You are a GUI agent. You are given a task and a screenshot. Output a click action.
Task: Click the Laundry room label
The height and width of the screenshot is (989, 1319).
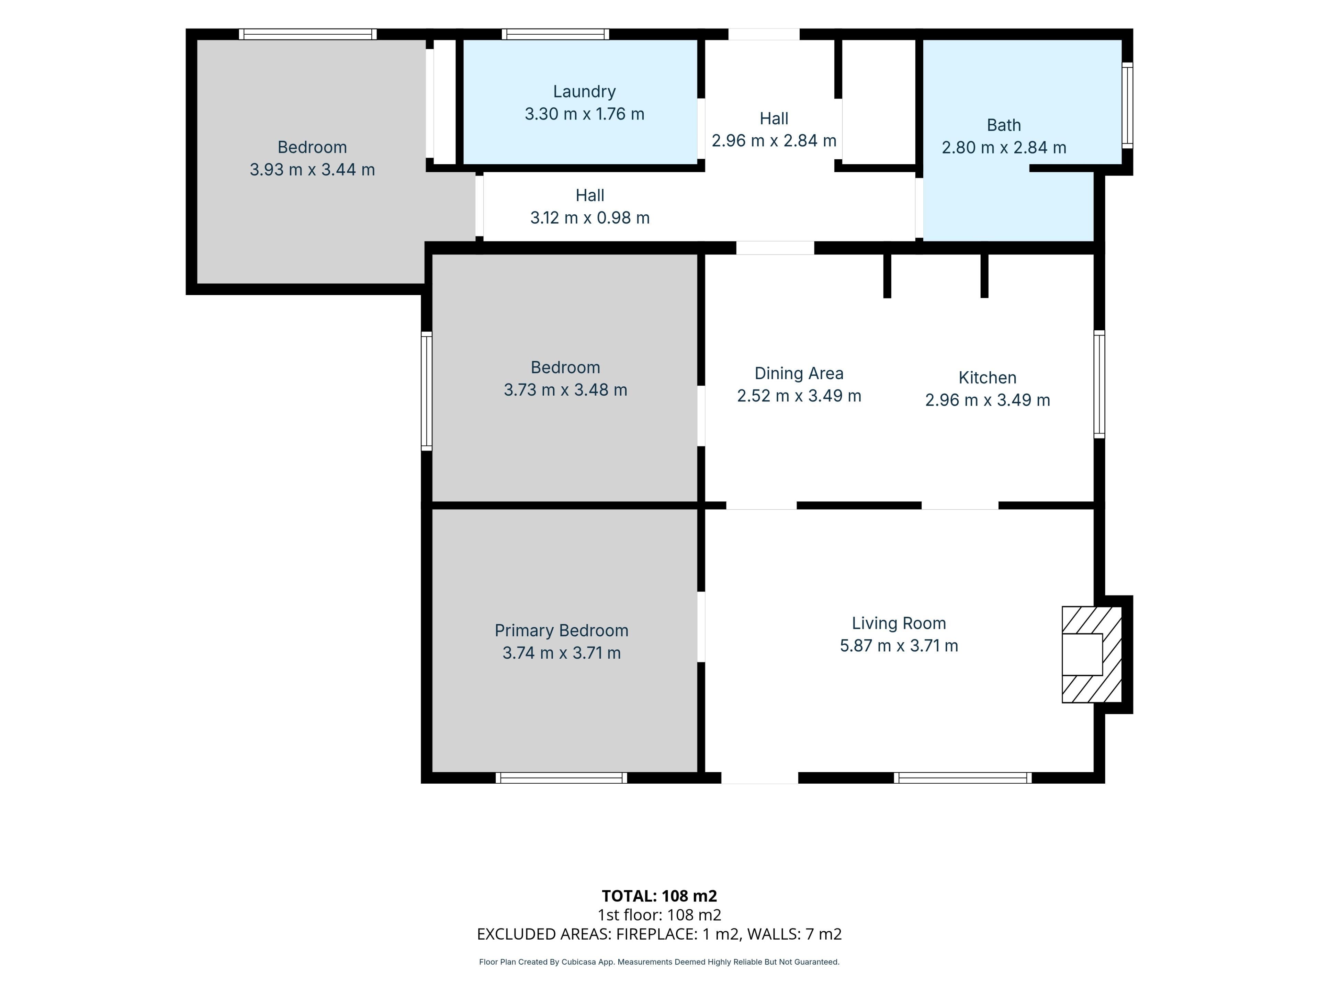[x=584, y=91]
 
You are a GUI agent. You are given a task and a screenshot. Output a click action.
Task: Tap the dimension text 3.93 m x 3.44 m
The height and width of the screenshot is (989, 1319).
[x=312, y=170]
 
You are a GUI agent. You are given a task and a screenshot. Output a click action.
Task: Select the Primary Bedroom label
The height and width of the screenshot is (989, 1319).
[x=561, y=631]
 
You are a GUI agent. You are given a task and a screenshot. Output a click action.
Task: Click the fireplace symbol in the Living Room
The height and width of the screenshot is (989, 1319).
[x=1092, y=655]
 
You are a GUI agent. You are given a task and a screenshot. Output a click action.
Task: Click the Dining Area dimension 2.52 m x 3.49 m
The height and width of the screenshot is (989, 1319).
[x=799, y=396]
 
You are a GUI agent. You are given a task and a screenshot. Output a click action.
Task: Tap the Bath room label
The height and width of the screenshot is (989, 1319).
[x=1004, y=125]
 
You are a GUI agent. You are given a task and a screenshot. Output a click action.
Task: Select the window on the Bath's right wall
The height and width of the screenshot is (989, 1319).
[x=1127, y=105]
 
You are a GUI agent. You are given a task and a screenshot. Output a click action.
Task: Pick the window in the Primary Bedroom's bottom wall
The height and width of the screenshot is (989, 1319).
[x=561, y=777]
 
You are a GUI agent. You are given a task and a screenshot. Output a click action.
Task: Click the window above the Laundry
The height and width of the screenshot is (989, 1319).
[x=555, y=34]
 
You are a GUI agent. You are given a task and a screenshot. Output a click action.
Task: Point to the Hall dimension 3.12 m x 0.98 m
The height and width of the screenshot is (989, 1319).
[x=590, y=218]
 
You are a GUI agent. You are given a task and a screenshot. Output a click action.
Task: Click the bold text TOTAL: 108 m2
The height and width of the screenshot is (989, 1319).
[x=659, y=896]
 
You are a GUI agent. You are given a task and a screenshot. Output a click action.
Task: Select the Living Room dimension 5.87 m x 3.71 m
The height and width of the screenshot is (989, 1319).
[x=899, y=646]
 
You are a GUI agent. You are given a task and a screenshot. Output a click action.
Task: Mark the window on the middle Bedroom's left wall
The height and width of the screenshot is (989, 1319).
[x=426, y=391]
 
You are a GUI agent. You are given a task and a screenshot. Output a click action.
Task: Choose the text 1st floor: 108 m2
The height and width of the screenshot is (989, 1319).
[x=659, y=915]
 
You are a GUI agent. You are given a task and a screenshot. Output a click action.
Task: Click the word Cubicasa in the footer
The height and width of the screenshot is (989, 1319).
[x=579, y=962]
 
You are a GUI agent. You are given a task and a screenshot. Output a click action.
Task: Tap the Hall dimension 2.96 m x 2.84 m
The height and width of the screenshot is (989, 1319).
[x=774, y=141]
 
